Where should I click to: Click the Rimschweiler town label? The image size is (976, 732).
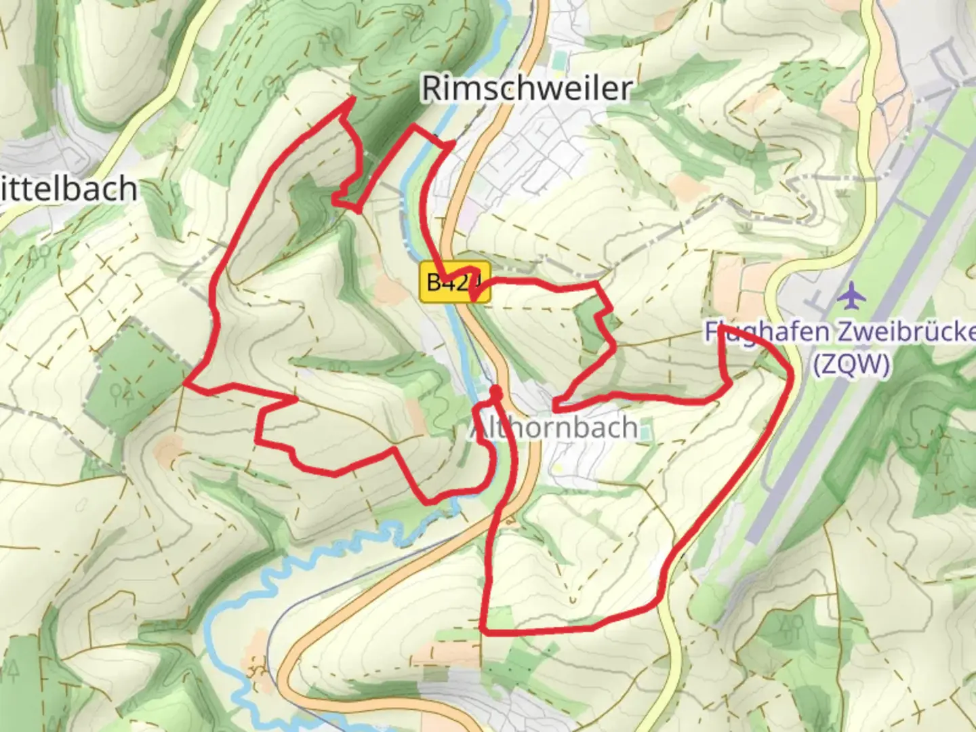(x=527, y=88)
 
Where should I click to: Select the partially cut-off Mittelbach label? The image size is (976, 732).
(x=68, y=189)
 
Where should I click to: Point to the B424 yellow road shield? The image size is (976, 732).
(x=447, y=281)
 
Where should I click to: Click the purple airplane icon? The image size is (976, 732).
(x=851, y=296)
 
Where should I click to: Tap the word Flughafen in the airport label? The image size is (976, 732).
(x=758, y=333)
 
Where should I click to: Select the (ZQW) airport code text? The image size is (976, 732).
(x=851, y=365)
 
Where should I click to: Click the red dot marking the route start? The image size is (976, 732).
(x=496, y=391)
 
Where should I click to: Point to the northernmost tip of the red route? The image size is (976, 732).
(x=353, y=99)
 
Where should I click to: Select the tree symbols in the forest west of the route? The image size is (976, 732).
(x=122, y=391)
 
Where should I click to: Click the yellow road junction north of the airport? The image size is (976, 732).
(x=868, y=102)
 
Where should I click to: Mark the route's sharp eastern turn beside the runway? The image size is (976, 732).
(x=790, y=371)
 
